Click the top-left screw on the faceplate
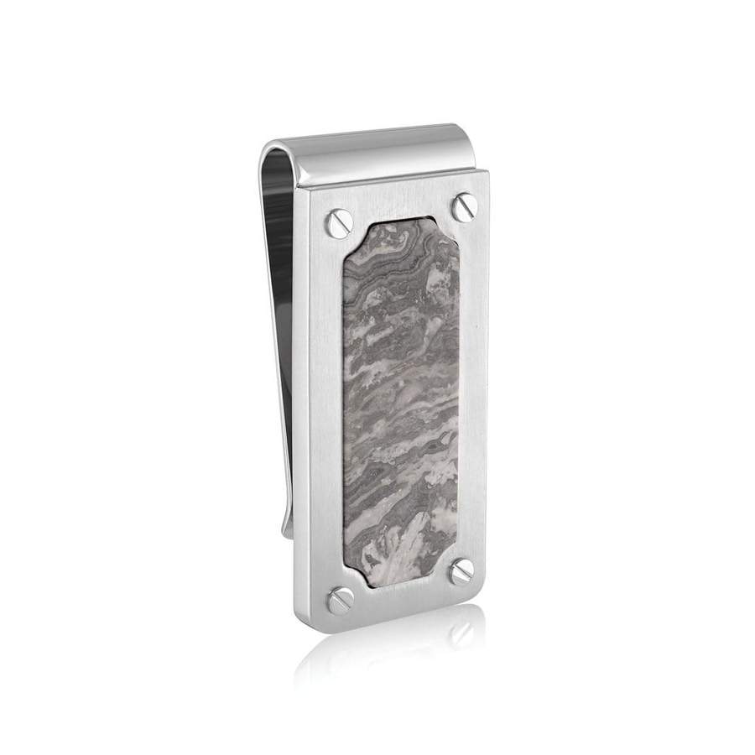point(336,220)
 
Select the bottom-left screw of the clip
point(341,599)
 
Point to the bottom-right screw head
point(461,571)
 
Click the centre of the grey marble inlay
point(400,400)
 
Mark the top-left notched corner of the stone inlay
point(351,237)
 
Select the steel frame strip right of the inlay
point(473,386)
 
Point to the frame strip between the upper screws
point(399,204)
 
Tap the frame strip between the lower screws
point(401,590)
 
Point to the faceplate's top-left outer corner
point(310,192)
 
